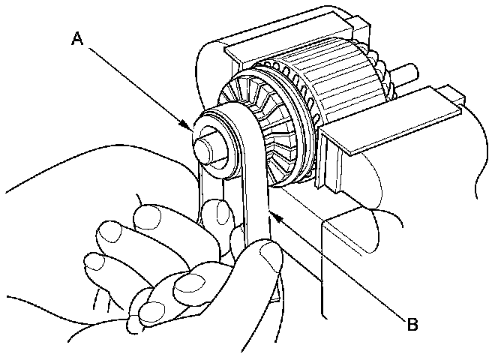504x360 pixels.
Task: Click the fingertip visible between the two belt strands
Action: pyautogui.click(x=217, y=214)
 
